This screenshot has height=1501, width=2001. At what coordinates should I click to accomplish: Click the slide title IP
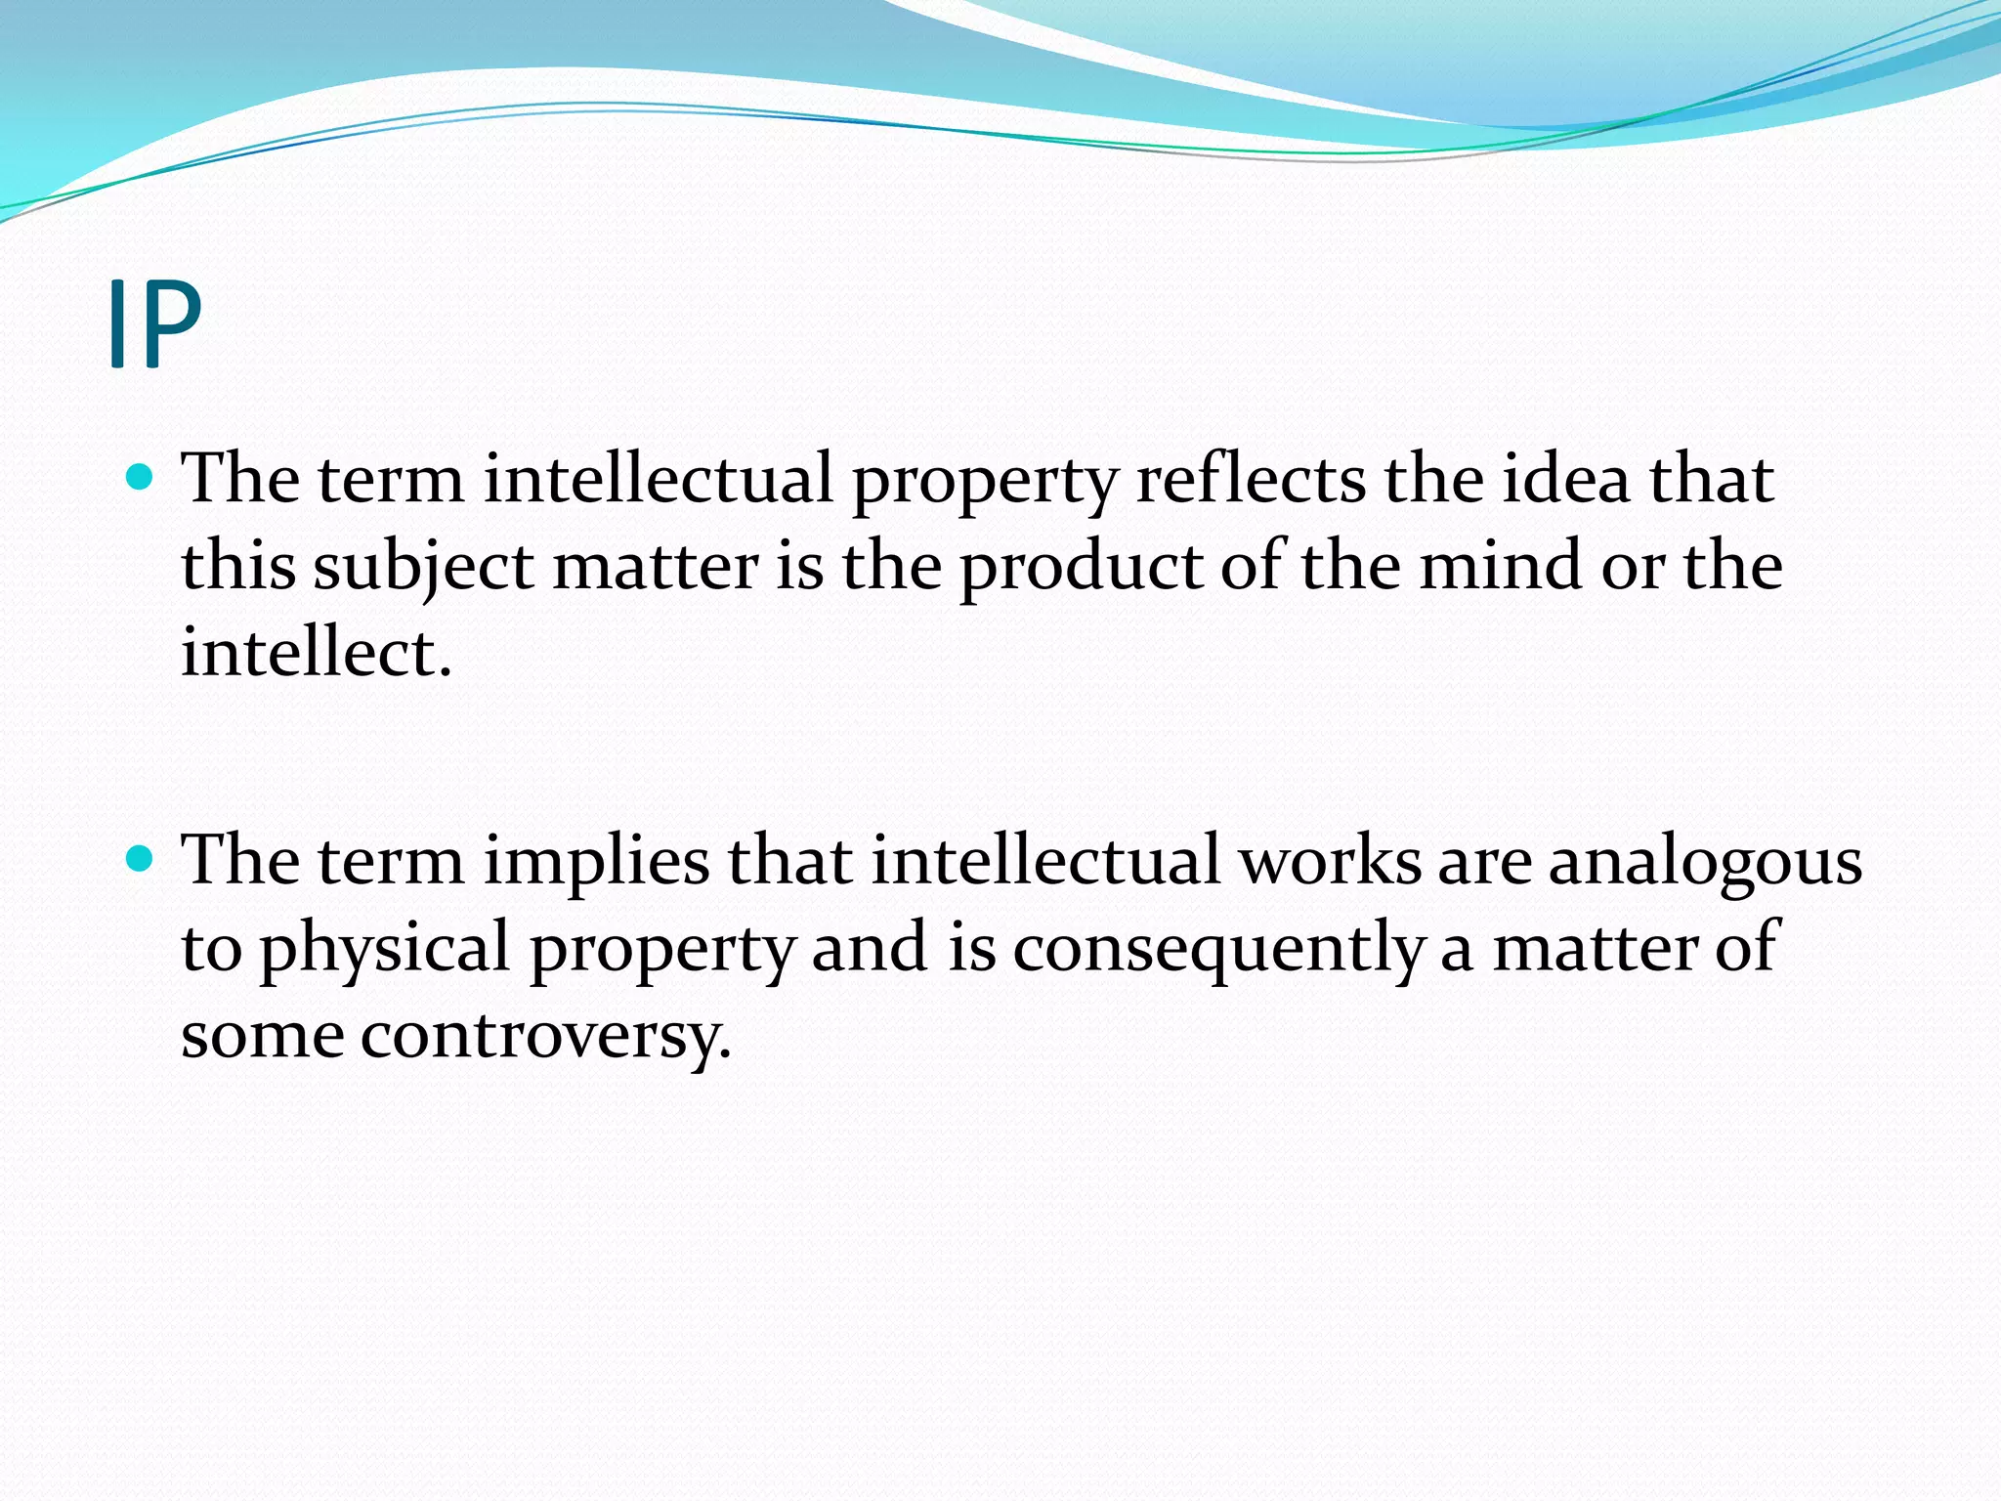pos(154,323)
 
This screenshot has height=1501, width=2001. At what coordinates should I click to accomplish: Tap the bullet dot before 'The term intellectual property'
pos(141,477)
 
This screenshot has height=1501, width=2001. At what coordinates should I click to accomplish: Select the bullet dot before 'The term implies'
pos(141,858)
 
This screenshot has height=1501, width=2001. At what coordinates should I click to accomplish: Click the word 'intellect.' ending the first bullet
pos(317,652)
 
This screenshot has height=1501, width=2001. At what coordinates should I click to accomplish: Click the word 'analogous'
pos(1705,862)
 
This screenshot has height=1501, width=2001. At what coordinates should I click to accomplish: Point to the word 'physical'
pos(384,948)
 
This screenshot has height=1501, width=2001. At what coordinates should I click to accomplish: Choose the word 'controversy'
pos(545,1036)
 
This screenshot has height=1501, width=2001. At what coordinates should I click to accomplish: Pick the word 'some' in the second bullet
pos(262,1036)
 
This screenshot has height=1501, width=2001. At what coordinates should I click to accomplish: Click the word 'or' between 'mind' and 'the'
pos(1631,567)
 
